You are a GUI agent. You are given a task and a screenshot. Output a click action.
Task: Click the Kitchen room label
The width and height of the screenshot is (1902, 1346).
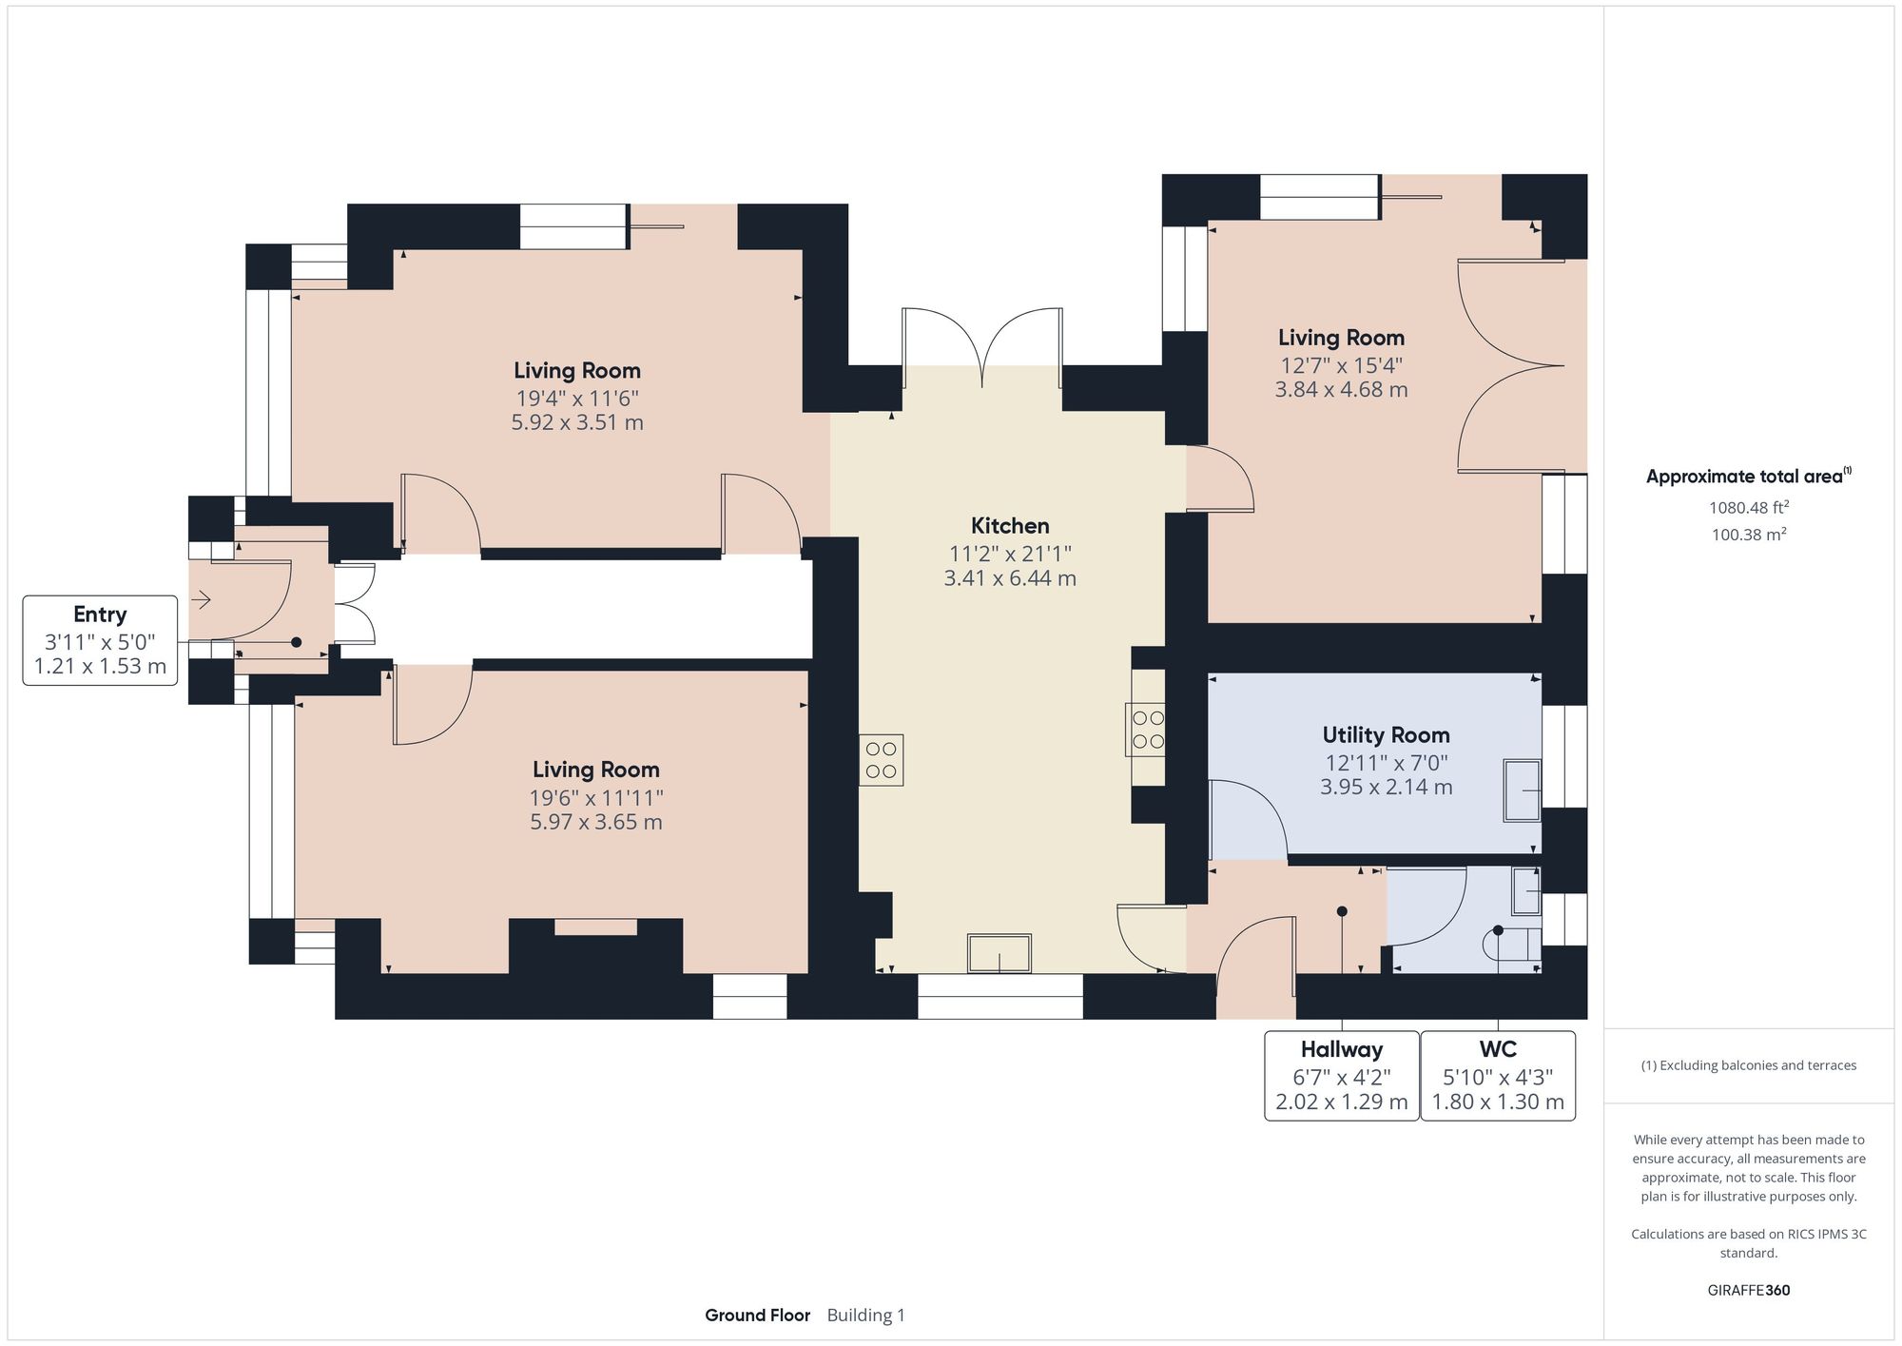coord(1009,526)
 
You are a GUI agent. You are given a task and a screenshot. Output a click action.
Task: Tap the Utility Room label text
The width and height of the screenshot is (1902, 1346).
coord(1386,735)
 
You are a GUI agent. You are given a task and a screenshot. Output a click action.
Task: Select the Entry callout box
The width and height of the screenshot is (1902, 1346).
coord(100,640)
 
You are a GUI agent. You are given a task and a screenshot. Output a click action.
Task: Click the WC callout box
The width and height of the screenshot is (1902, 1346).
coord(1498,1076)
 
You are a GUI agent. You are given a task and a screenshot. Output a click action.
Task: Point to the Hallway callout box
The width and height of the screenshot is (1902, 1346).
coord(1341,1076)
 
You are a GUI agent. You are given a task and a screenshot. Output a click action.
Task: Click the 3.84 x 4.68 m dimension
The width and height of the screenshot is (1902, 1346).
coord(1341,390)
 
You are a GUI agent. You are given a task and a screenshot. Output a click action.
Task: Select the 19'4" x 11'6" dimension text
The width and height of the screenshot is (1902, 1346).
coord(577,398)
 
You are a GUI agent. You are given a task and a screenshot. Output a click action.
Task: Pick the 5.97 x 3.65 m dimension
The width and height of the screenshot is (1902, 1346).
coord(596,823)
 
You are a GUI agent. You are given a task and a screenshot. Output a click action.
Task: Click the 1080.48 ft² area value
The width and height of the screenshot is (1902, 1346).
coord(1748,508)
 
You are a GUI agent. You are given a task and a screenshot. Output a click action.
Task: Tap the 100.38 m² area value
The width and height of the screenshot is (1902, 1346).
coord(1748,535)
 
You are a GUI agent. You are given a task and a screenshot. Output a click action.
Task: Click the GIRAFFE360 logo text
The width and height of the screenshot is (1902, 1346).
coord(1748,1291)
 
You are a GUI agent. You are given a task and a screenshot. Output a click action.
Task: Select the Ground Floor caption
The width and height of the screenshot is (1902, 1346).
coord(757,1316)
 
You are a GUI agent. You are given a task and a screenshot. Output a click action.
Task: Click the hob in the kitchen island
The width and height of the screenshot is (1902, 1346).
coord(881,760)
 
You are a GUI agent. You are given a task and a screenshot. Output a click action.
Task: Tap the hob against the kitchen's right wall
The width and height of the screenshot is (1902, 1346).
coord(1148,730)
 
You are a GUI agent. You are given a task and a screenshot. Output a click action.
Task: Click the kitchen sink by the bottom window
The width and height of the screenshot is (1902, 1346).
coord(1000,954)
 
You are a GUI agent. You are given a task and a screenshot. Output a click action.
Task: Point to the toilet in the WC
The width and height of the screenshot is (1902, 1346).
coord(1511,944)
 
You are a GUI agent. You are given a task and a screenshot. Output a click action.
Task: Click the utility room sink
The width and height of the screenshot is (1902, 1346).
coord(1522,790)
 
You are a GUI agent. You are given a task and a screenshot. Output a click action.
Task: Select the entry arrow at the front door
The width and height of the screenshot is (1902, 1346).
coord(201,600)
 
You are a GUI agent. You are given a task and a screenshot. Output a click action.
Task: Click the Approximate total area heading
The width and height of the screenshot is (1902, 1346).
coord(1748,477)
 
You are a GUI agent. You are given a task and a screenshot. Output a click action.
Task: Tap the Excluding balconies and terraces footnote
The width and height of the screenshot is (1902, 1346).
coord(1748,1065)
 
